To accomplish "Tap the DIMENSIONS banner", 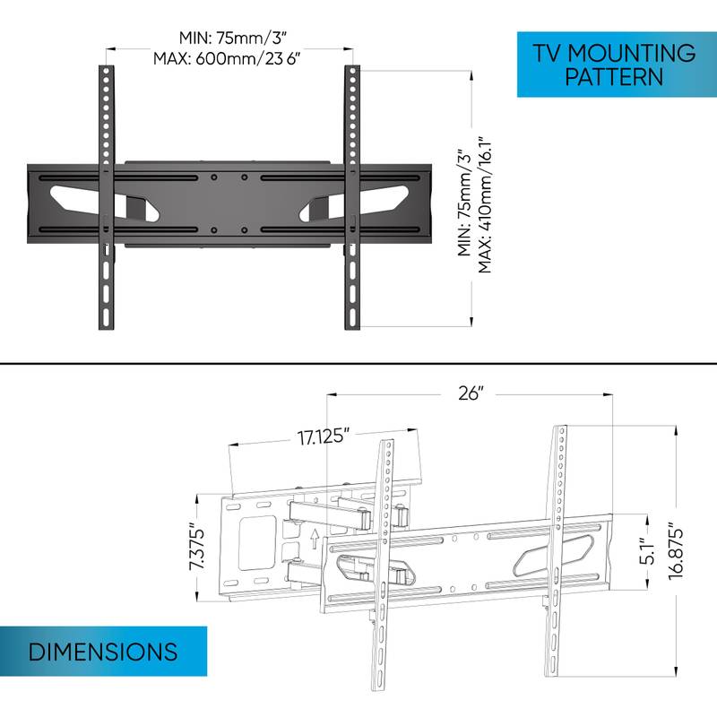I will [103, 650].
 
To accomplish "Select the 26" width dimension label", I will [469, 393].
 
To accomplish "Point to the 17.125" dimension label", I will [324, 439].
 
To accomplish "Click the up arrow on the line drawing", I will [314, 539].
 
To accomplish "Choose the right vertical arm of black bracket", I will [351, 197].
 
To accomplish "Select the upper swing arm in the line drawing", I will [327, 514].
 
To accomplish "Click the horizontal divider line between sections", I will [358, 363].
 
